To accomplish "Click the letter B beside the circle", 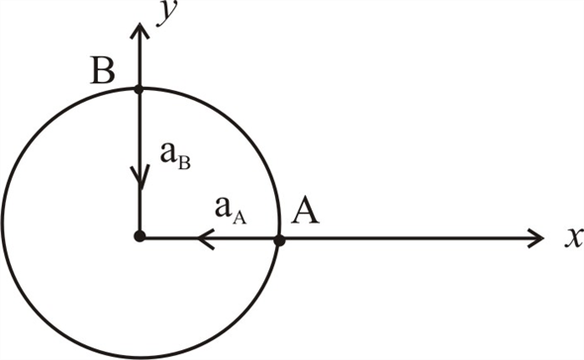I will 101,72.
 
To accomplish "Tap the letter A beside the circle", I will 305,213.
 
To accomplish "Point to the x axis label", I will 569,238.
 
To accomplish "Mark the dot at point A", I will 279,238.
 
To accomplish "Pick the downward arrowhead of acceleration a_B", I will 139,178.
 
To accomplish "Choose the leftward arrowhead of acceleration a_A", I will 206,237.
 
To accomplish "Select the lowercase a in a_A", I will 226,208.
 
